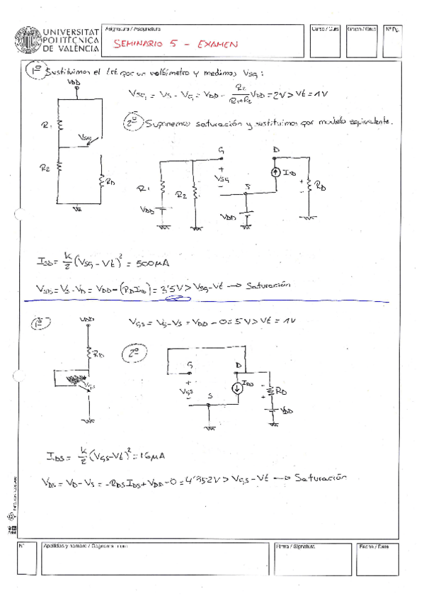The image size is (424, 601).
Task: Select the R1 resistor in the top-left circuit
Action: point(59,125)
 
